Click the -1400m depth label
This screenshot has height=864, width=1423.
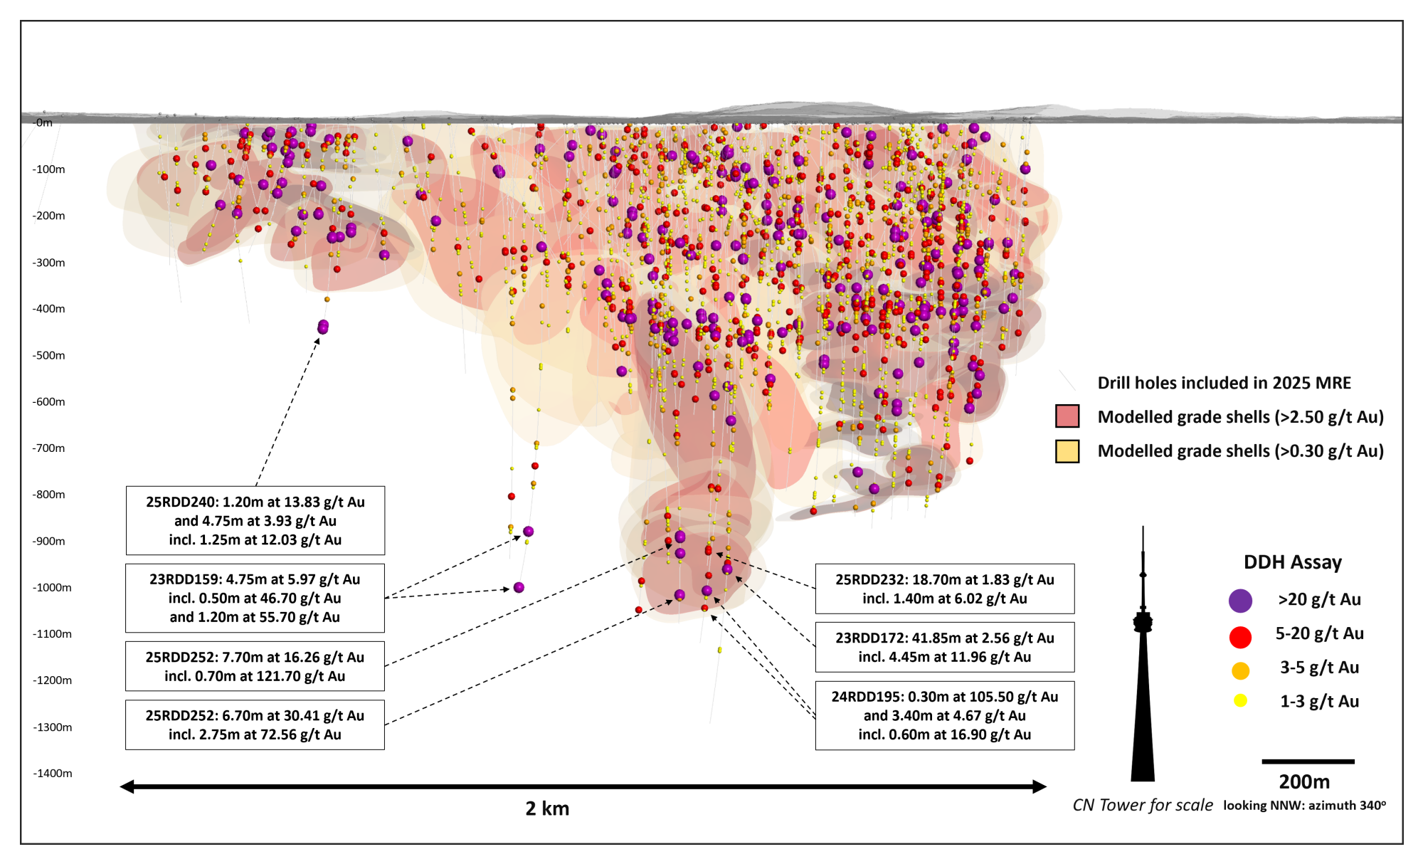click(52, 773)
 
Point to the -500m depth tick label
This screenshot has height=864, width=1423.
click(48, 355)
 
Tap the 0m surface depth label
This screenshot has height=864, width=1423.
click(44, 122)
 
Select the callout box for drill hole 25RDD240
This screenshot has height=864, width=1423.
click(255, 520)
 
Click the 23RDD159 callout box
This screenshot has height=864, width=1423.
click(255, 598)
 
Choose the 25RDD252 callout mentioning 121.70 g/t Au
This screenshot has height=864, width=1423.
click(255, 666)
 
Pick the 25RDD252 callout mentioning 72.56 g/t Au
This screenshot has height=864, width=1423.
click(255, 725)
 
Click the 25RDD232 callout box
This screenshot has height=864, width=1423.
click(944, 589)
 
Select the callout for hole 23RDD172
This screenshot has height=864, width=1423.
click(944, 647)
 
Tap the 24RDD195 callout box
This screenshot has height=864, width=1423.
click(944, 715)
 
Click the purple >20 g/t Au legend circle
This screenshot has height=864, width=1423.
click(1240, 600)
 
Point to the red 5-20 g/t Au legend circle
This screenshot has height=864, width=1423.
click(1240, 637)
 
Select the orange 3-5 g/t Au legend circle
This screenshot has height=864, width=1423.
click(1240, 670)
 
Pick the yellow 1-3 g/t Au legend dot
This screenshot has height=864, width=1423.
click(1240, 701)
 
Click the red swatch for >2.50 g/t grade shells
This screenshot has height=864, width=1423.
click(1067, 416)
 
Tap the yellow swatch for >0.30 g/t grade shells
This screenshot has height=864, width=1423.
click(1067, 451)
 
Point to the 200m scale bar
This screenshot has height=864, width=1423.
click(1308, 762)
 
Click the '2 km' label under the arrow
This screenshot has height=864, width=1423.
click(547, 808)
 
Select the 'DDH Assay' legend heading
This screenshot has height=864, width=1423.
click(1292, 562)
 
